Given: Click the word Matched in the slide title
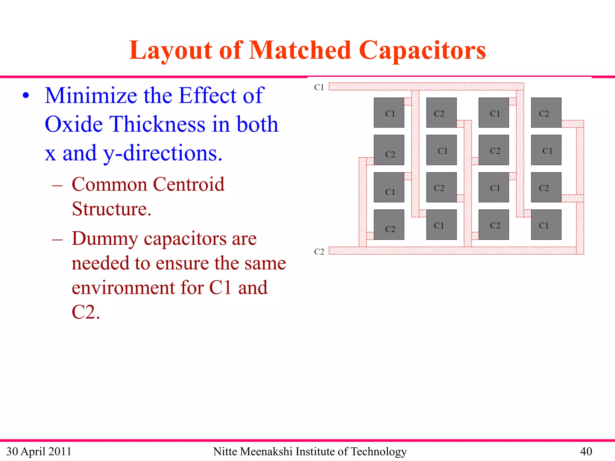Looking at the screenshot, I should pyautogui.click(x=300, y=50).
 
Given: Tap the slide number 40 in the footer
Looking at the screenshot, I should pyautogui.click(x=586, y=451).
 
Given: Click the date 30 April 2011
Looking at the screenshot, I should pyautogui.click(x=39, y=451).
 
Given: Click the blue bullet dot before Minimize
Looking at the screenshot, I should pyautogui.click(x=26, y=96).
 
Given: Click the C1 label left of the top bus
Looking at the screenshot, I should pyautogui.click(x=319, y=87).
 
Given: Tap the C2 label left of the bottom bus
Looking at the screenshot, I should pyautogui.click(x=319, y=252).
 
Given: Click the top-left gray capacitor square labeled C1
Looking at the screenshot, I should pyautogui.click(x=389, y=113).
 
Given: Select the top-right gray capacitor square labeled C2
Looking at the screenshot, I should pyautogui.click(x=546, y=113).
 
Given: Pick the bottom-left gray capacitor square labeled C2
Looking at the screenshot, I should pyautogui.click(x=389, y=224).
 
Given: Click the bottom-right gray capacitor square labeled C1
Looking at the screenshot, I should pyautogui.click(x=546, y=224).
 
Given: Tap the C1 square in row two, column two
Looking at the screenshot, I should pyautogui.click(x=441, y=150).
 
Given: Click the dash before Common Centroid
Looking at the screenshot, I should pyautogui.click(x=57, y=185).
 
